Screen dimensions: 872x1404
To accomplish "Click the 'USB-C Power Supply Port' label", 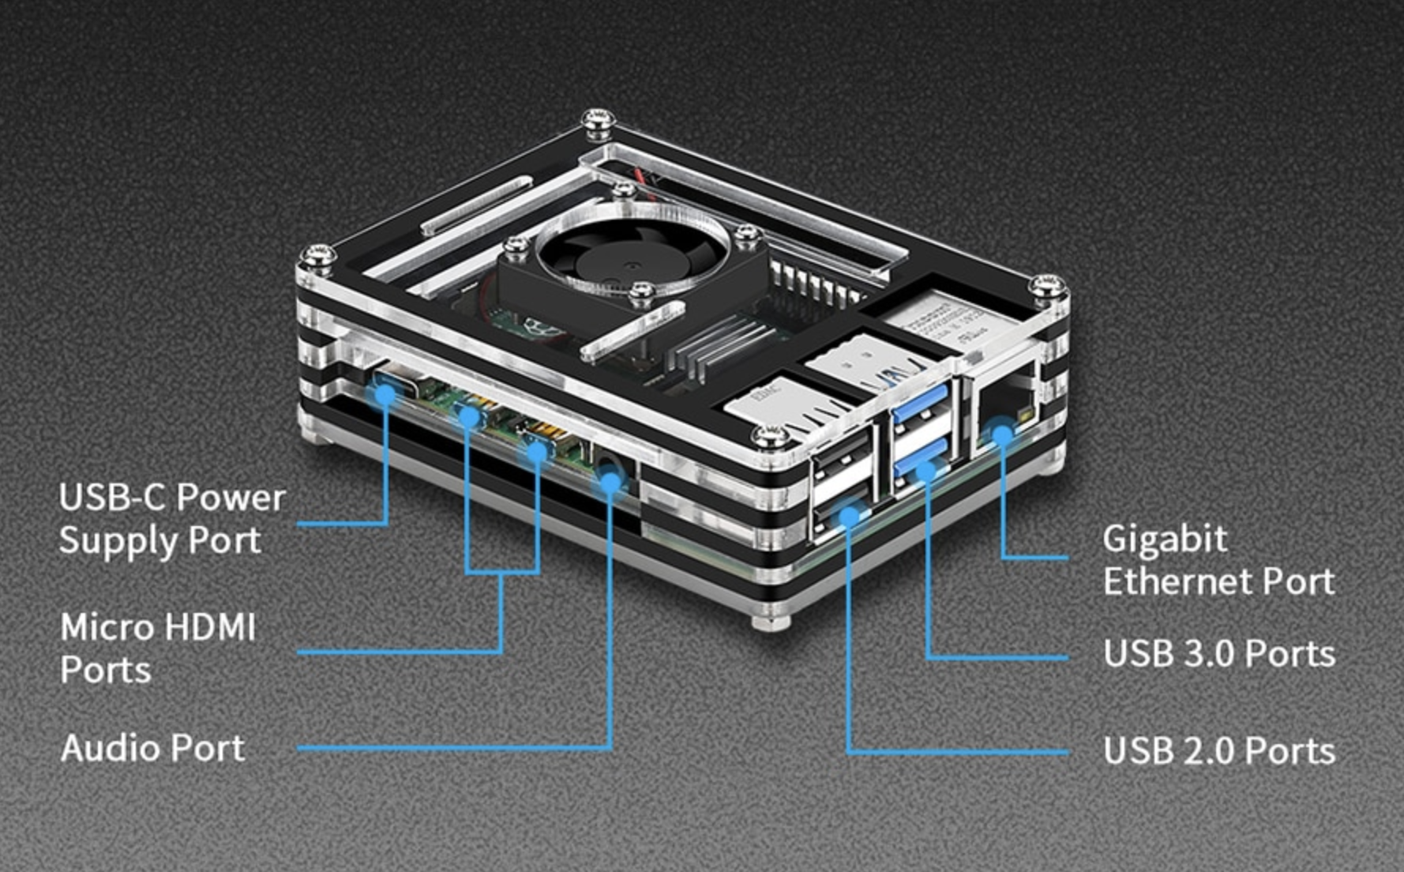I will point(171,518).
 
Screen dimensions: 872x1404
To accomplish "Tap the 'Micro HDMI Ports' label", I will point(158,648).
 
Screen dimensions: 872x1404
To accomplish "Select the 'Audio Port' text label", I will point(152,748).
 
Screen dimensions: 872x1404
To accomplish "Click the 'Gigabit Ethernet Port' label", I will point(1218,560).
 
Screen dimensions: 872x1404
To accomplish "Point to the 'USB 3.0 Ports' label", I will point(1218,654).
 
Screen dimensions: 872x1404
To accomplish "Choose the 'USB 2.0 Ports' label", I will point(1218,750).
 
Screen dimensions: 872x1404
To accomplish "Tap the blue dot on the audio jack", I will point(610,480).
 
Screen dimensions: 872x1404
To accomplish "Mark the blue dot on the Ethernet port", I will point(1002,434).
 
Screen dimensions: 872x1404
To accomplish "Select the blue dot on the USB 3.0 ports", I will point(926,472).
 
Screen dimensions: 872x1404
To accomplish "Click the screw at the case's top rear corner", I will point(599,122).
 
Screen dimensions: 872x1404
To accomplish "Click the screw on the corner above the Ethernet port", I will point(1048,286).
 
